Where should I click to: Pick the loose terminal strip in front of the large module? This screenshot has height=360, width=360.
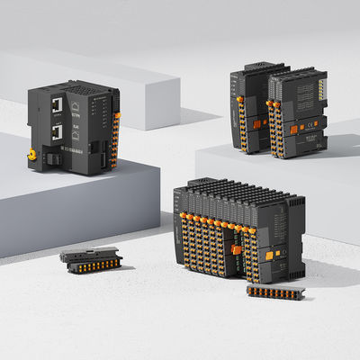(x=275, y=292)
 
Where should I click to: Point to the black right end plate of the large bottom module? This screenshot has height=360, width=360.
(x=294, y=238)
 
